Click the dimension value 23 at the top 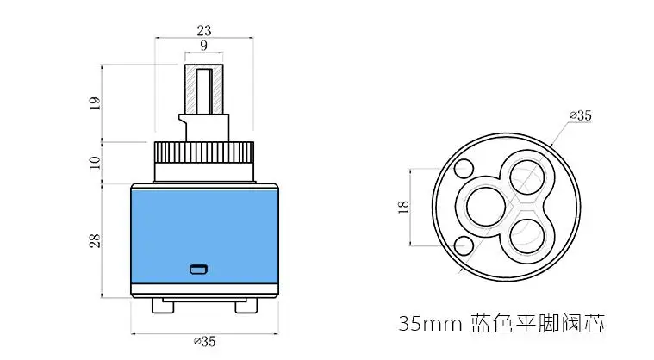203,30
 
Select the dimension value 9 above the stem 203,45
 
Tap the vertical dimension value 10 95,161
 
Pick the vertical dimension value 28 95,240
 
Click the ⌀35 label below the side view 204,341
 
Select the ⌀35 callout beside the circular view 581,115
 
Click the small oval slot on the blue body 199,269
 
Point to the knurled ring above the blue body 203,161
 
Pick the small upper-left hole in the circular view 463,168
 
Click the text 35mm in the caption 431,325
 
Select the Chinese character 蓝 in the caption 483,325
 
